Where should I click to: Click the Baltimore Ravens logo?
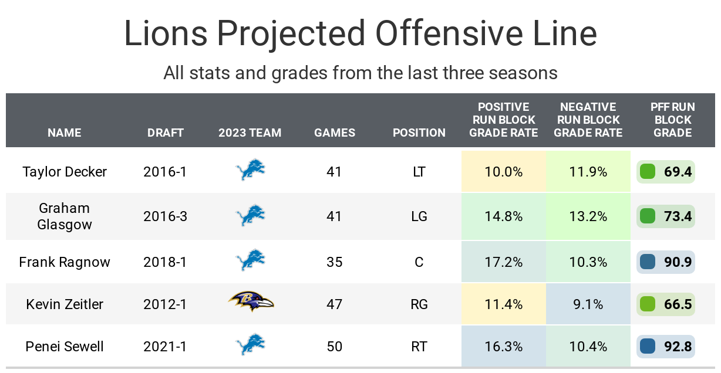(251, 301)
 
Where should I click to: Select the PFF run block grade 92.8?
(678, 347)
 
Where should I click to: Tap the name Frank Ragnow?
(65, 262)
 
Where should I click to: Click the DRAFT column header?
(166, 133)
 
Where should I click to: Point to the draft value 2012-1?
(165, 304)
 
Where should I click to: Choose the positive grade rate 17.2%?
(503, 262)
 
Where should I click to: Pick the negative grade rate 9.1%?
(588, 304)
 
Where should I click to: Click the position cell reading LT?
(419, 172)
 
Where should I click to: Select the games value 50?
(334, 347)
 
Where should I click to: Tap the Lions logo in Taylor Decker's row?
(250, 171)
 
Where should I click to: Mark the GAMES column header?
(335, 133)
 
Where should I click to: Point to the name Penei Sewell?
(65, 347)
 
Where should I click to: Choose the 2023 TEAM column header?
(250, 133)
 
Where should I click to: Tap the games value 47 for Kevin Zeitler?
(334, 304)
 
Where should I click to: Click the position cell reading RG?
(419, 304)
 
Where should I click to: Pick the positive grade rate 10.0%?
(503, 172)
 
